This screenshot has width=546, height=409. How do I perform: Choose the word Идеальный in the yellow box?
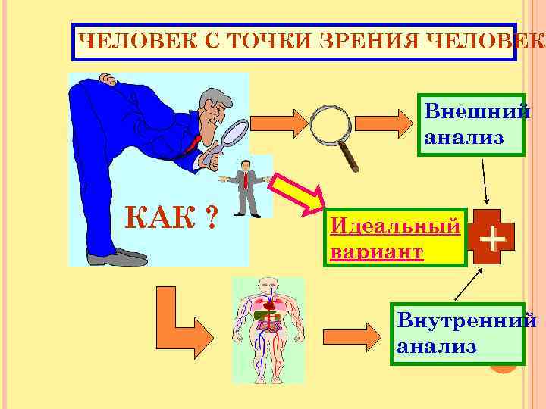[x=395, y=226]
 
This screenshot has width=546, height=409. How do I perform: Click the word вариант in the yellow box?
[x=377, y=251]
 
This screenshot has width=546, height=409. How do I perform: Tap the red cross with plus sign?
[x=493, y=241]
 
